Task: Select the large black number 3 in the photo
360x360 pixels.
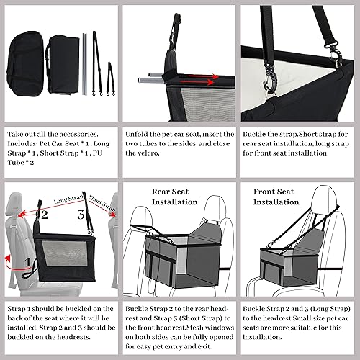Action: tap(81, 215)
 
